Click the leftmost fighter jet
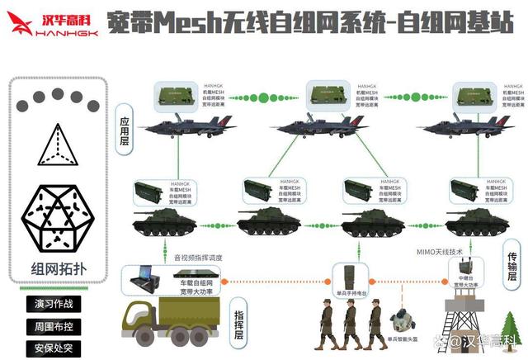(x=186, y=126)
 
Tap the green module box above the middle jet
(x=330, y=95)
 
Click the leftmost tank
(x=164, y=220)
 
